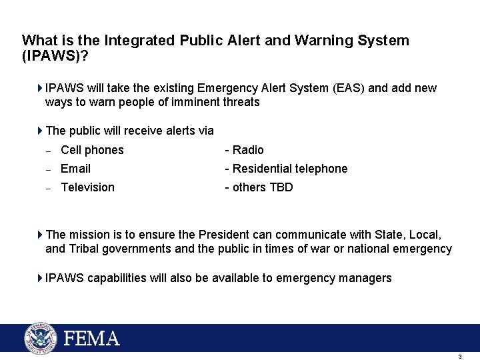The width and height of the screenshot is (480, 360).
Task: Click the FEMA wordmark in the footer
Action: (91, 338)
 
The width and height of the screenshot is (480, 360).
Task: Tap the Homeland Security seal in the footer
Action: (41, 338)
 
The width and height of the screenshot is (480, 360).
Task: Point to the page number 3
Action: (460, 357)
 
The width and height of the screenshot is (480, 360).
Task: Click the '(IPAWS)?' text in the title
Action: (55, 56)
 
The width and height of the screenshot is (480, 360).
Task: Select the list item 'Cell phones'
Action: (92, 150)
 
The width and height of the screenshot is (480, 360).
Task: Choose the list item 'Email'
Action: (75, 169)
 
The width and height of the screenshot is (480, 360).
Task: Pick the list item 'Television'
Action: (87, 187)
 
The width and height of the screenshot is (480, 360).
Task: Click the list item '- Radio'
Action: (244, 150)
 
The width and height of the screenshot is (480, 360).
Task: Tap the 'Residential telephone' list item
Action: (290, 169)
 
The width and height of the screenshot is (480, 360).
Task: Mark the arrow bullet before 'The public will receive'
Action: (41, 131)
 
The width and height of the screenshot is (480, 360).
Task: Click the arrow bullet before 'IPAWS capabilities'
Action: (41, 278)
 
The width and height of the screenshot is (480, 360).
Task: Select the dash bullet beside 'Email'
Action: (48, 169)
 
